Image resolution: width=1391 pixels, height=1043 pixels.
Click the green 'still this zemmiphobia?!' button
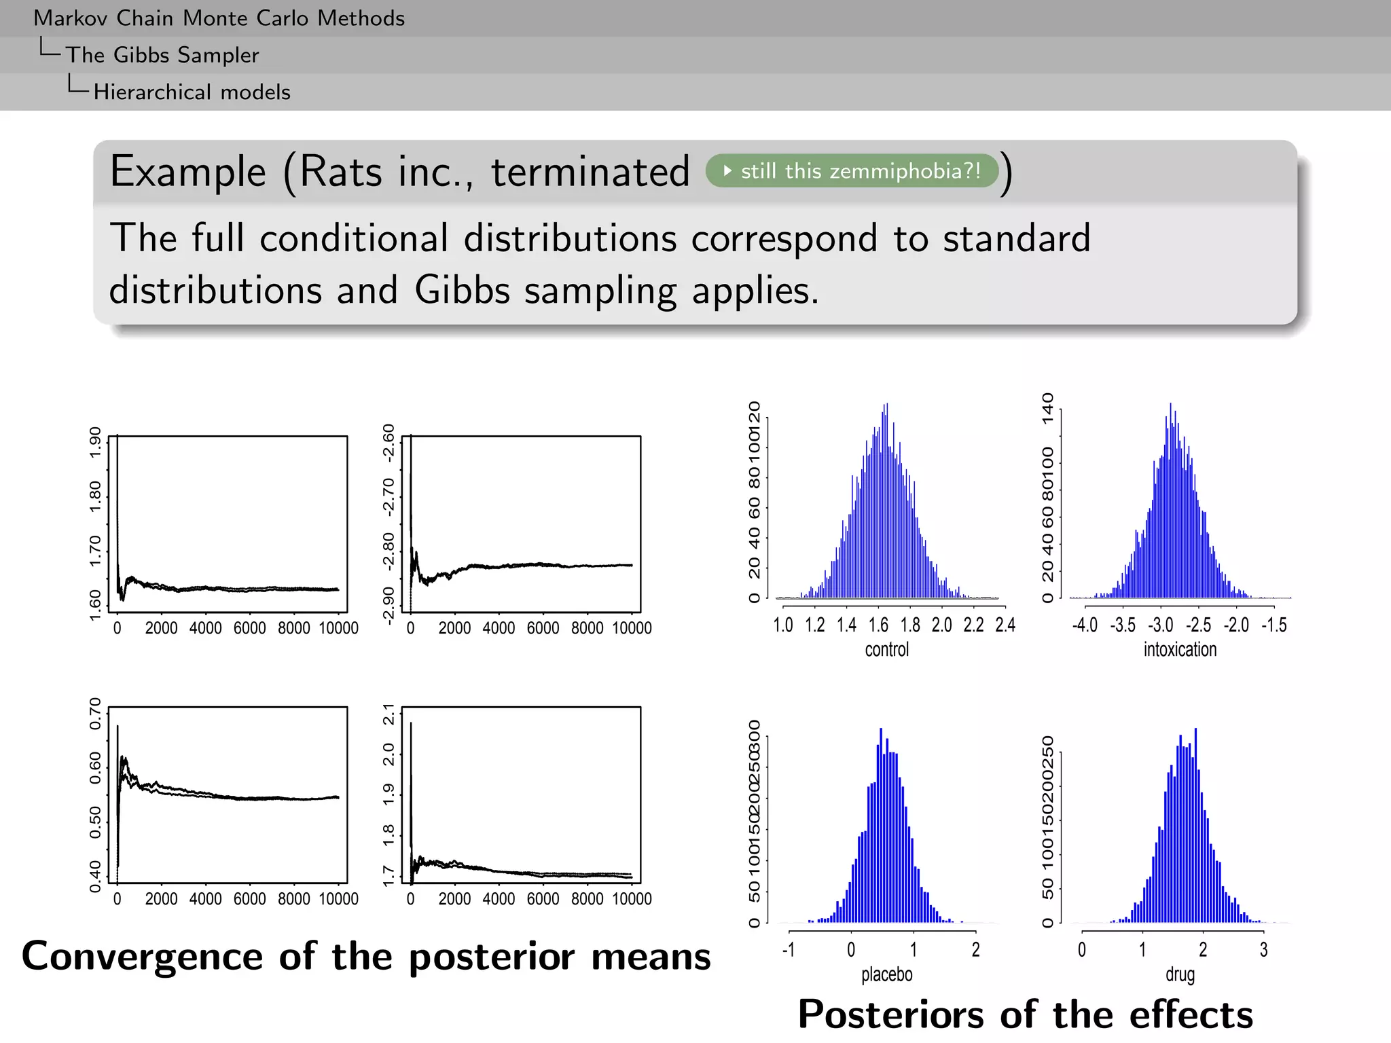pos(852,170)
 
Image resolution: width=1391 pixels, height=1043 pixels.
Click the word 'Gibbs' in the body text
pos(462,291)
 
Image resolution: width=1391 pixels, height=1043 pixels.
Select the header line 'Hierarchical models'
pos(192,92)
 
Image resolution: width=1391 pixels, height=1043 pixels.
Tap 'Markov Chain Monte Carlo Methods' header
pos(219,18)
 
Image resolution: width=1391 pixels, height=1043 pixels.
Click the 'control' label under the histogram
pos(886,650)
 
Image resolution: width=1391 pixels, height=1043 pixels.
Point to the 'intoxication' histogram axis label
pos(1180,650)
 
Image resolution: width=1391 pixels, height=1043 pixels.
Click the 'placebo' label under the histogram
pos(886,974)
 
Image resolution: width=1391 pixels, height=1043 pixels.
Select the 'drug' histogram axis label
pos(1180,974)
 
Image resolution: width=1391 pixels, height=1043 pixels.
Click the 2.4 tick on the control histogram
pos(1005,625)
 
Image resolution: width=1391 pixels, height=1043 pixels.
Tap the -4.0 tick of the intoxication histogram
pos(1085,625)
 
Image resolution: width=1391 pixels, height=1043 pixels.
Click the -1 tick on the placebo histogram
pos(788,950)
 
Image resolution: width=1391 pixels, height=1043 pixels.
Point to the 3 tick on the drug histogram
pos(1263,950)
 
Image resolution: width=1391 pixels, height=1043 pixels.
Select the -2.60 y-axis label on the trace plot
pos(389,443)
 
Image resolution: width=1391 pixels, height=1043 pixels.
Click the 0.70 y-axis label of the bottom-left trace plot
pos(96,713)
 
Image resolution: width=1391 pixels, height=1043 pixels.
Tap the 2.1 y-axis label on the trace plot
pos(389,714)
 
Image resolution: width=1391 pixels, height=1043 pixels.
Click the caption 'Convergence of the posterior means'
pos(366,956)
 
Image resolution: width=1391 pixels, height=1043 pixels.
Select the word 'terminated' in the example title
pos(590,171)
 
